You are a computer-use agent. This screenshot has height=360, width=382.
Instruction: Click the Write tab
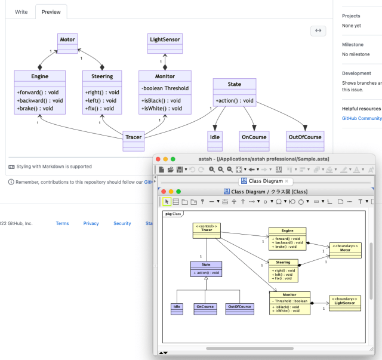tap(21, 11)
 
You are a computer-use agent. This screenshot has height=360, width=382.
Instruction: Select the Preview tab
tap(51, 11)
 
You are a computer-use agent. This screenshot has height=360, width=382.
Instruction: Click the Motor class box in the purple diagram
tap(67, 39)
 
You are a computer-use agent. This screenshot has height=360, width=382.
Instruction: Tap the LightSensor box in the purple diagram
tap(165, 39)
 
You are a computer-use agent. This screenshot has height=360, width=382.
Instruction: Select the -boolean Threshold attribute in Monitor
tap(165, 88)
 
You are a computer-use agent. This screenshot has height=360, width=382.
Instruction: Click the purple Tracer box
tap(134, 137)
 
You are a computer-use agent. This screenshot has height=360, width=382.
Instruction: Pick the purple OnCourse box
tap(254, 137)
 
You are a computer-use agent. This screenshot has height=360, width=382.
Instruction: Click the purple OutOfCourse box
tap(306, 137)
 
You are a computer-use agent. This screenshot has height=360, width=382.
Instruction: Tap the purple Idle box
tap(215, 137)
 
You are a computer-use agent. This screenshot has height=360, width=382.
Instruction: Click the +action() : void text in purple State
tap(235, 100)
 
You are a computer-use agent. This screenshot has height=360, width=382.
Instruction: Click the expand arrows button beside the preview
tap(318, 31)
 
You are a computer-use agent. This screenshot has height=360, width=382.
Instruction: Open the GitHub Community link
tap(361, 118)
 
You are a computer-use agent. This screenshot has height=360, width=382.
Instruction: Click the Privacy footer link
tap(91, 223)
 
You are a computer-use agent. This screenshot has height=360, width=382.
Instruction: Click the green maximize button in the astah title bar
tap(173, 159)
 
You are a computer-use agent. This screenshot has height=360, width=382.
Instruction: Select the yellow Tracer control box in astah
tap(207, 229)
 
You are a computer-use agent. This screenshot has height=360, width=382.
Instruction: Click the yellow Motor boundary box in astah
tap(345, 250)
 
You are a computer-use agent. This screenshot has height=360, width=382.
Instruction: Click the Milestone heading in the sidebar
tap(352, 45)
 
